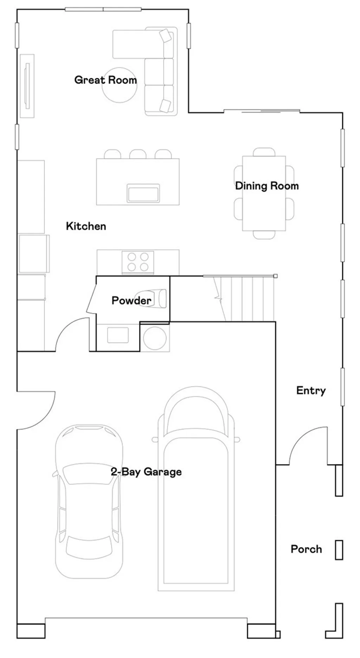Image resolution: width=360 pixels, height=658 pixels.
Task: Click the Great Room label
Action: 105,80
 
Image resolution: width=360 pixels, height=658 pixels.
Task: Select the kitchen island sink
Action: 143,193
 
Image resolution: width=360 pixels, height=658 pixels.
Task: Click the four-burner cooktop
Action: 138,262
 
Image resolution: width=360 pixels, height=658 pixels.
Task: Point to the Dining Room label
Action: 267,186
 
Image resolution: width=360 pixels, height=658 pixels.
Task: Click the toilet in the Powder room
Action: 155,299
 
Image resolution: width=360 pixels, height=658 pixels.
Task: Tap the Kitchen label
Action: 86,226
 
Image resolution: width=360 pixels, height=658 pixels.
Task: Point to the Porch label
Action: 306,549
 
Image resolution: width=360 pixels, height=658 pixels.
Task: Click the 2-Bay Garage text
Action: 146,471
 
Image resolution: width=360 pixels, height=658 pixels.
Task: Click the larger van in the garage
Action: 196,492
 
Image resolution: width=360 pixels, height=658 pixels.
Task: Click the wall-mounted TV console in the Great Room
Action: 27,86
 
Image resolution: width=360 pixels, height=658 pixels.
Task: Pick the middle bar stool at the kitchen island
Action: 138,154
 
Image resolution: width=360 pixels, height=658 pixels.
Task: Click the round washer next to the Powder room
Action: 155,338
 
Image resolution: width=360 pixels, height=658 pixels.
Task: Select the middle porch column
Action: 339,550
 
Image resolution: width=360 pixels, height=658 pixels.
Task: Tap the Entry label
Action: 311,390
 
